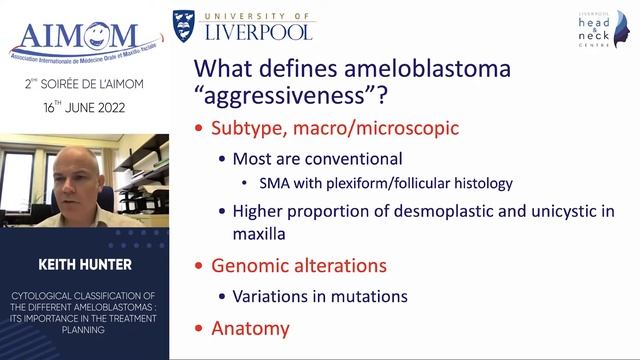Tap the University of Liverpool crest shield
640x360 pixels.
(x=187, y=25)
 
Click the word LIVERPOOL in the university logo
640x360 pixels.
(x=259, y=30)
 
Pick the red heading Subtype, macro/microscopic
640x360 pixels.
(x=334, y=129)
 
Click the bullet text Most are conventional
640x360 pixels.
(x=317, y=159)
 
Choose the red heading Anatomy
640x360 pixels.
(x=250, y=327)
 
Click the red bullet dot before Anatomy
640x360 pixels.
(x=199, y=328)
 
